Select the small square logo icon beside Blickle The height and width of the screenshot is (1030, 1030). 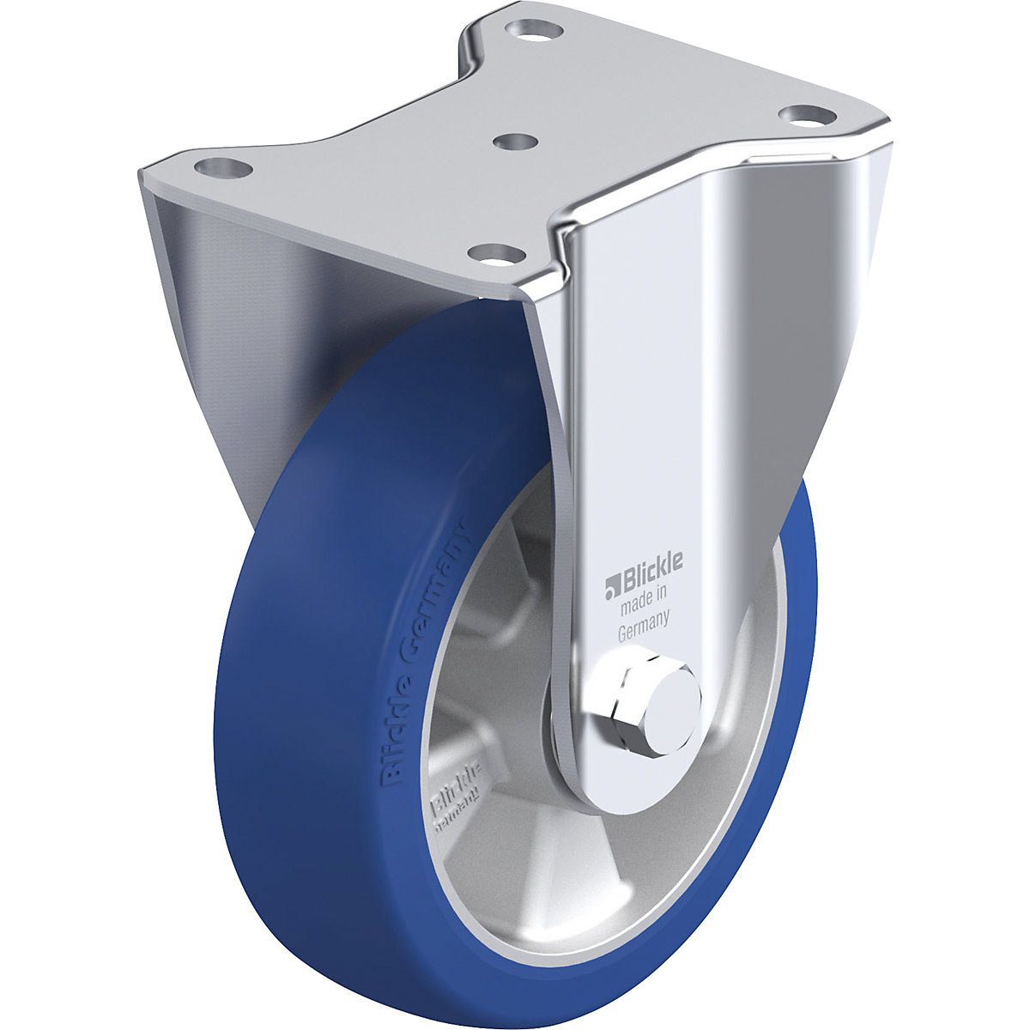pos(611,588)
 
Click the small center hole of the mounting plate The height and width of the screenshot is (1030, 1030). pos(512,140)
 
